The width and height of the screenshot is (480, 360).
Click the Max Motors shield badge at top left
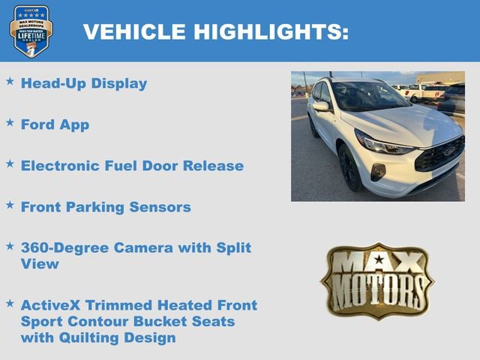31,31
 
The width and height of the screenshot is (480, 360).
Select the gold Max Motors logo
377,280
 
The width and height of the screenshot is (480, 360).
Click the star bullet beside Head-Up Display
10,80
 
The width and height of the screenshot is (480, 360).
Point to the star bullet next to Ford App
10,121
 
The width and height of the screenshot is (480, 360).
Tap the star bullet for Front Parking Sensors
10,203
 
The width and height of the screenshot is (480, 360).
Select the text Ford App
55,124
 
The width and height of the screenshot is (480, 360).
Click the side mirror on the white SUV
322,106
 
